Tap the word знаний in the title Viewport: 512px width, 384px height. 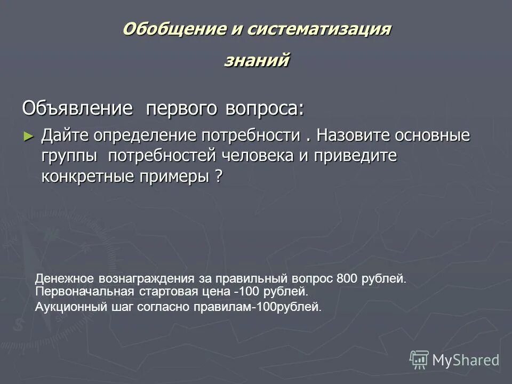tap(257, 60)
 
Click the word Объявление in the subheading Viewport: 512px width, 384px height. tap(77, 108)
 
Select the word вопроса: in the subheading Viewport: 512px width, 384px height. tap(264, 108)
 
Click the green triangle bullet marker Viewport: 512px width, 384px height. tap(29, 136)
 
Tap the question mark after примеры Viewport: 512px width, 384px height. tap(219, 177)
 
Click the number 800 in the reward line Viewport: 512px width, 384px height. tap(348, 279)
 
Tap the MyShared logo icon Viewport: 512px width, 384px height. tap(419, 359)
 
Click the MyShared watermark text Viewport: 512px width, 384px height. tap(466, 360)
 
